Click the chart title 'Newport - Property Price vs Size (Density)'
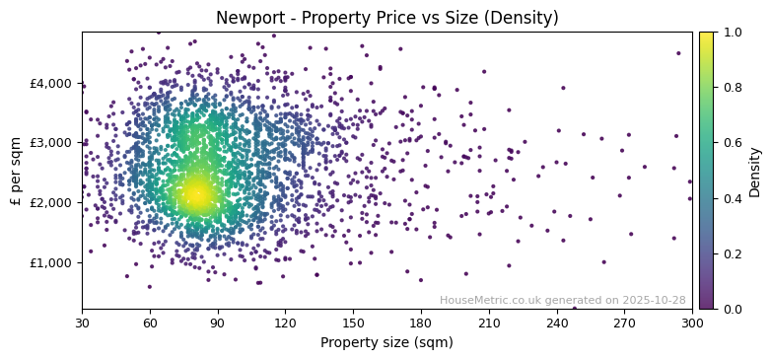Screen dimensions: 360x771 pos(386,18)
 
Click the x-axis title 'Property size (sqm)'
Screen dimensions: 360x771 pos(386,342)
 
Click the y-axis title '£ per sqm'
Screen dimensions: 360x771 pos(16,171)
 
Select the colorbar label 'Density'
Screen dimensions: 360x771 pos(754,171)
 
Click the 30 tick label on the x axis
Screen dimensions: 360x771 pos(82,323)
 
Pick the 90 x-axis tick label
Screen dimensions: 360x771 pos(218,323)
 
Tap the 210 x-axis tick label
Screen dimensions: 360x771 pos(489,323)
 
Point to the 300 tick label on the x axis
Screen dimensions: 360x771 pos(692,323)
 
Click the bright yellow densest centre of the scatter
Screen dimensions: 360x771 pos(197,194)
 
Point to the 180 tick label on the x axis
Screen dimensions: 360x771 pos(421,323)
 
